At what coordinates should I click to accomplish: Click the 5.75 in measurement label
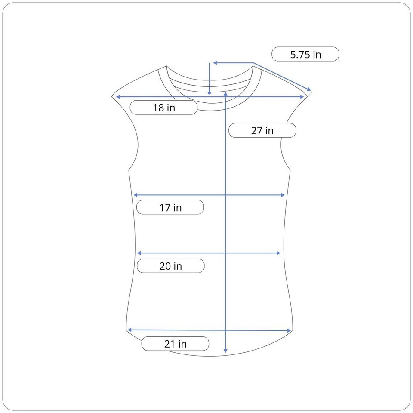[x=305, y=54]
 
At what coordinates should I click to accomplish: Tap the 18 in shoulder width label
[x=163, y=108]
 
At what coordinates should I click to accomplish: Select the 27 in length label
[x=262, y=130]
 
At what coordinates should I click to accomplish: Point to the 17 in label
[x=170, y=207]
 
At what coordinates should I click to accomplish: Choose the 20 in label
[x=171, y=266]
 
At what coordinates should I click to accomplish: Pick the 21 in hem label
[x=175, y=344]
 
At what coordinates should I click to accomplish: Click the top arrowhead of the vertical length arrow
[x=225, y=93]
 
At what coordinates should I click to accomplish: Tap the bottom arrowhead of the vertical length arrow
[x=225, y=351]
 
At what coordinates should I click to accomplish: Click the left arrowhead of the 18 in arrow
[x=118, y=97]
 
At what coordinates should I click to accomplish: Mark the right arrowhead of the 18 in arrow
[x=302, y=97]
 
